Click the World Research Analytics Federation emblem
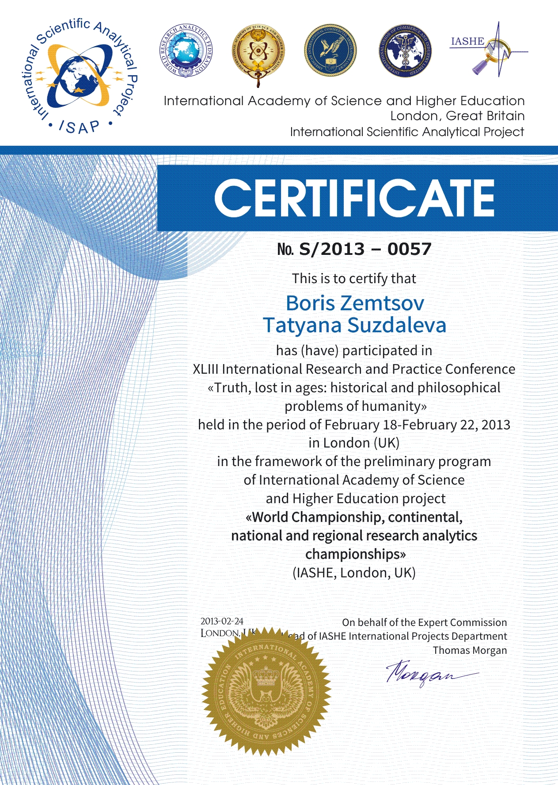point(185,51)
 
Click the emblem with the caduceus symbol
point(405,51)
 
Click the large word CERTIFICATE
point(354,198)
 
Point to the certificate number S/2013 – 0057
point(365,249)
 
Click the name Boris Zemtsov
point(355,303)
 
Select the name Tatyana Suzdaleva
point(355,325)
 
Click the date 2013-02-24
point(222,621)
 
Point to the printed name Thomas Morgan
point(470,650)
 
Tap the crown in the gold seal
point(266,675)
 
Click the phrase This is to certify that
point(354,278)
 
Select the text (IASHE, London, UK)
point(354,573)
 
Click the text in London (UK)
point(354,443)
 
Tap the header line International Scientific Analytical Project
point(407,132)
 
